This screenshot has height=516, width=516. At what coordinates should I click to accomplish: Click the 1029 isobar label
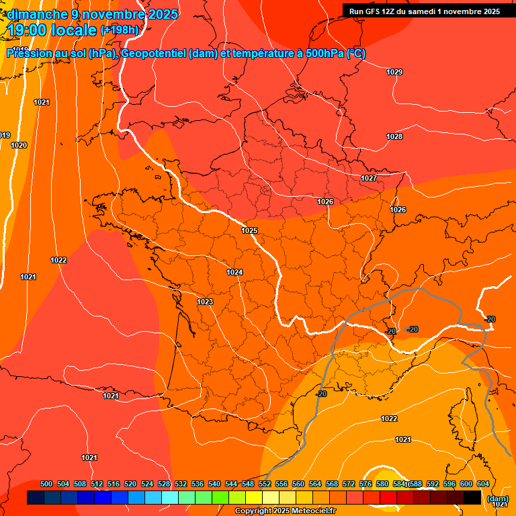pyautogui.click(x=394, y=72)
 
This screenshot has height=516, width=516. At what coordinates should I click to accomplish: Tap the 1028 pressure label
pyautogui.click(x=394, y=136)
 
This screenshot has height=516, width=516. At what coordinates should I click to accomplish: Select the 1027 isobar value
pyautogui.click(x=369, y=178)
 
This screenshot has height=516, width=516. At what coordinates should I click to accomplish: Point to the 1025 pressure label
pyautogui.click(x=249, y=230)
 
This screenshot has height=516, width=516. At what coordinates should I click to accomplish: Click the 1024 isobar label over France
pyautogui.click(x=234, y=272)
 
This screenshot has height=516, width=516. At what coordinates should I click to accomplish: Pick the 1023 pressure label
pyautogui.click(x=205, y=302)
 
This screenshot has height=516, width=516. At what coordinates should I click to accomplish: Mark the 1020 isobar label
pyautogui.click(x=19, y=145)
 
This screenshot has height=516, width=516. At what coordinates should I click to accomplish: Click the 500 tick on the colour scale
pyautogui.click(x=46, y=484)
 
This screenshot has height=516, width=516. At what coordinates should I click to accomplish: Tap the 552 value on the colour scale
pyautogui.click(x=265, y=484)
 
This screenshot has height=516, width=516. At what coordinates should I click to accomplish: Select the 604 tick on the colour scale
pyautogui.click(x=483, y=484)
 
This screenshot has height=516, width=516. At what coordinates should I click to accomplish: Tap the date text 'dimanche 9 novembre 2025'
pyautogui.click(x=93, y=14)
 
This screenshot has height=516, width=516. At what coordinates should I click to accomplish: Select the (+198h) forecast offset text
pyautogui.click(x=120, y=30)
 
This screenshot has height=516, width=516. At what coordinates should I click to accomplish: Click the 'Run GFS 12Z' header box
pyautogui.click(x=425, y=11)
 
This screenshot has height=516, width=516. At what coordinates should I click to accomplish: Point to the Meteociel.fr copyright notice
pyautogui.click(x=285, y=511)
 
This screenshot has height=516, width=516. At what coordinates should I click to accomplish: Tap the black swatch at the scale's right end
pyautogui.click(x=472, y=498)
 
